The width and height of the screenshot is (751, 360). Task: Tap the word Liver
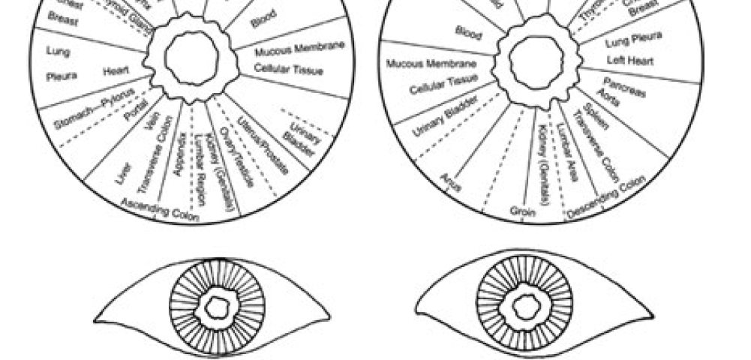coord(124,172)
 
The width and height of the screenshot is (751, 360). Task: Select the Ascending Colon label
coord(161,211)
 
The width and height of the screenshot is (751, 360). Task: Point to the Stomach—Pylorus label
coord(95,109)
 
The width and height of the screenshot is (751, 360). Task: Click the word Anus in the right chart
coord(450,181)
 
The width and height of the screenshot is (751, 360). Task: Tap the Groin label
coord(522,211)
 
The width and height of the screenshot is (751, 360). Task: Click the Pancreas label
coord(623,85)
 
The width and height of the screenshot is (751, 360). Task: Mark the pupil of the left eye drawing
coord(216,308)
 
